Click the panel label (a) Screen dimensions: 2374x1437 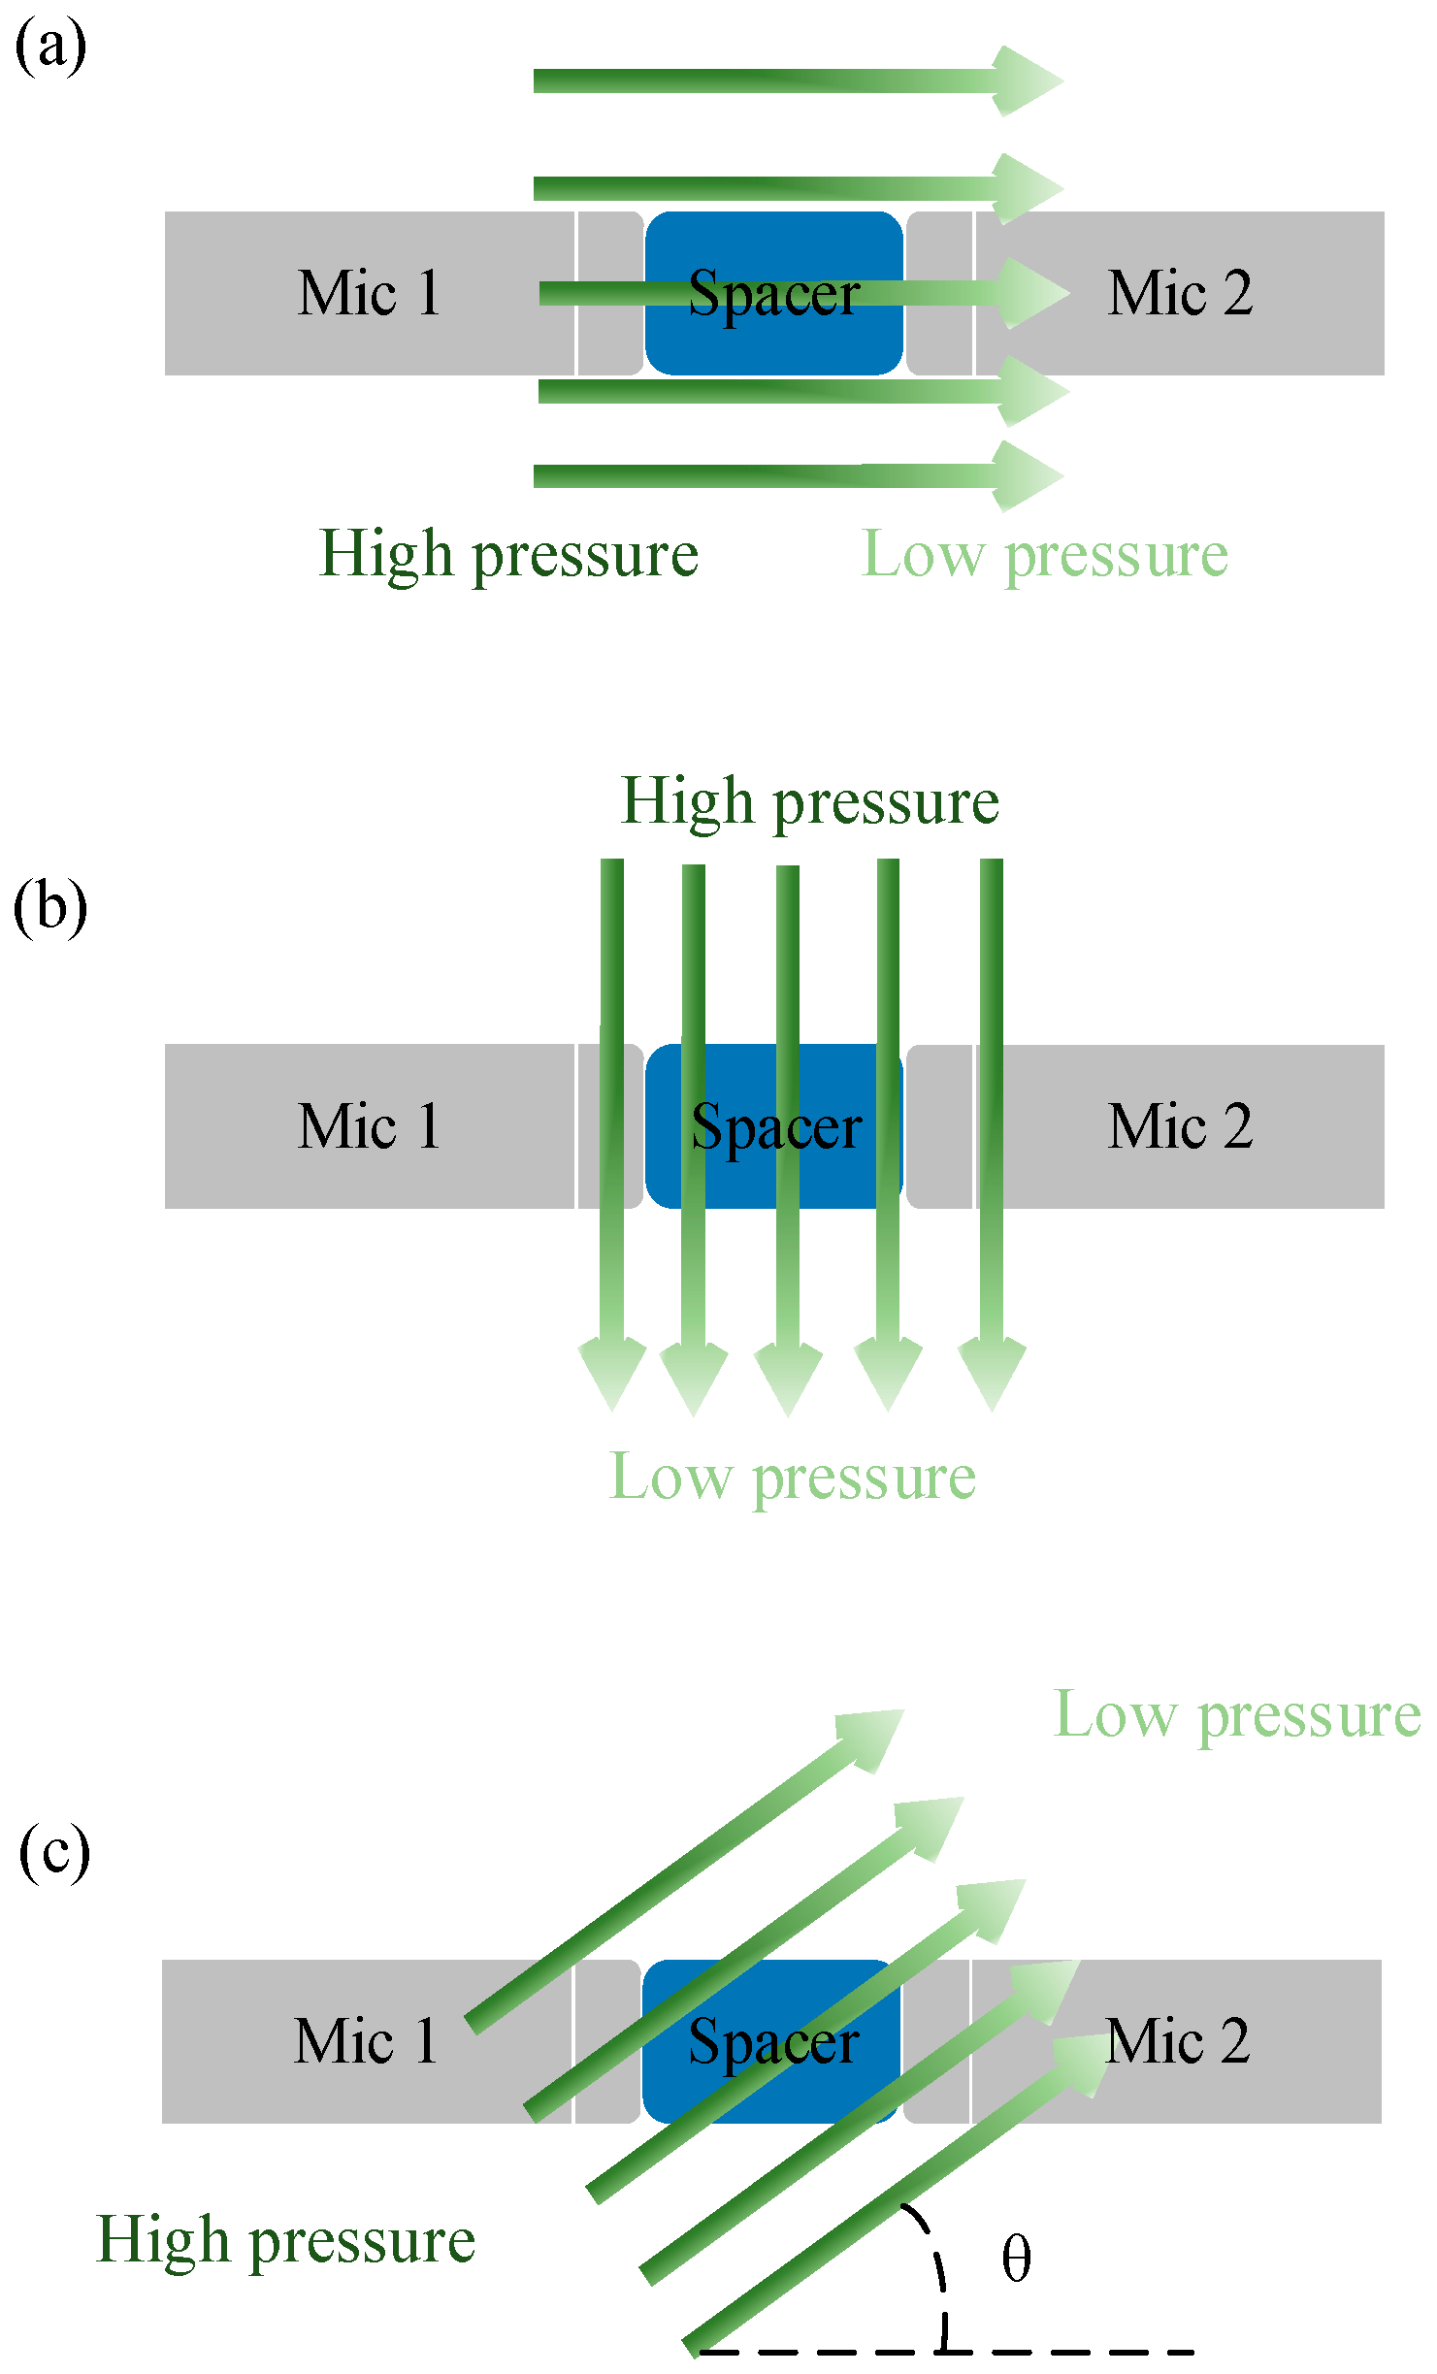[50, 47]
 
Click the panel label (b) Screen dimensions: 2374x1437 [50, 907]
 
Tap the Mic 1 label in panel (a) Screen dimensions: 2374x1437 [370, 293]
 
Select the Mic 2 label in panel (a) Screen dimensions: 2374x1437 [1180, 293]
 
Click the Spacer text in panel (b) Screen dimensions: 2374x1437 [776, 1127]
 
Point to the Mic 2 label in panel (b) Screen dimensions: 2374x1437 [1180, 1126]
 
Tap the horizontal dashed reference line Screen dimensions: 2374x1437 [1067, 2352]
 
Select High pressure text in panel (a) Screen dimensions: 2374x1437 [508, 555]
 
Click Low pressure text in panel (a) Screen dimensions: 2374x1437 [1045, 555]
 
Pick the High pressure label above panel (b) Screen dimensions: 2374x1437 [809, 802]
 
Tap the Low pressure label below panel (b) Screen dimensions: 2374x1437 [792, 1478]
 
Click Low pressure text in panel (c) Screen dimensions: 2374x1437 [1237, 1715]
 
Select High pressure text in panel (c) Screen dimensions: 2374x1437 [286, 2241]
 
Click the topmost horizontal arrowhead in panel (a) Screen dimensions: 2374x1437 [1029, 81]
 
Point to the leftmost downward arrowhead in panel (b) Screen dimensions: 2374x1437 [612, 1370]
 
